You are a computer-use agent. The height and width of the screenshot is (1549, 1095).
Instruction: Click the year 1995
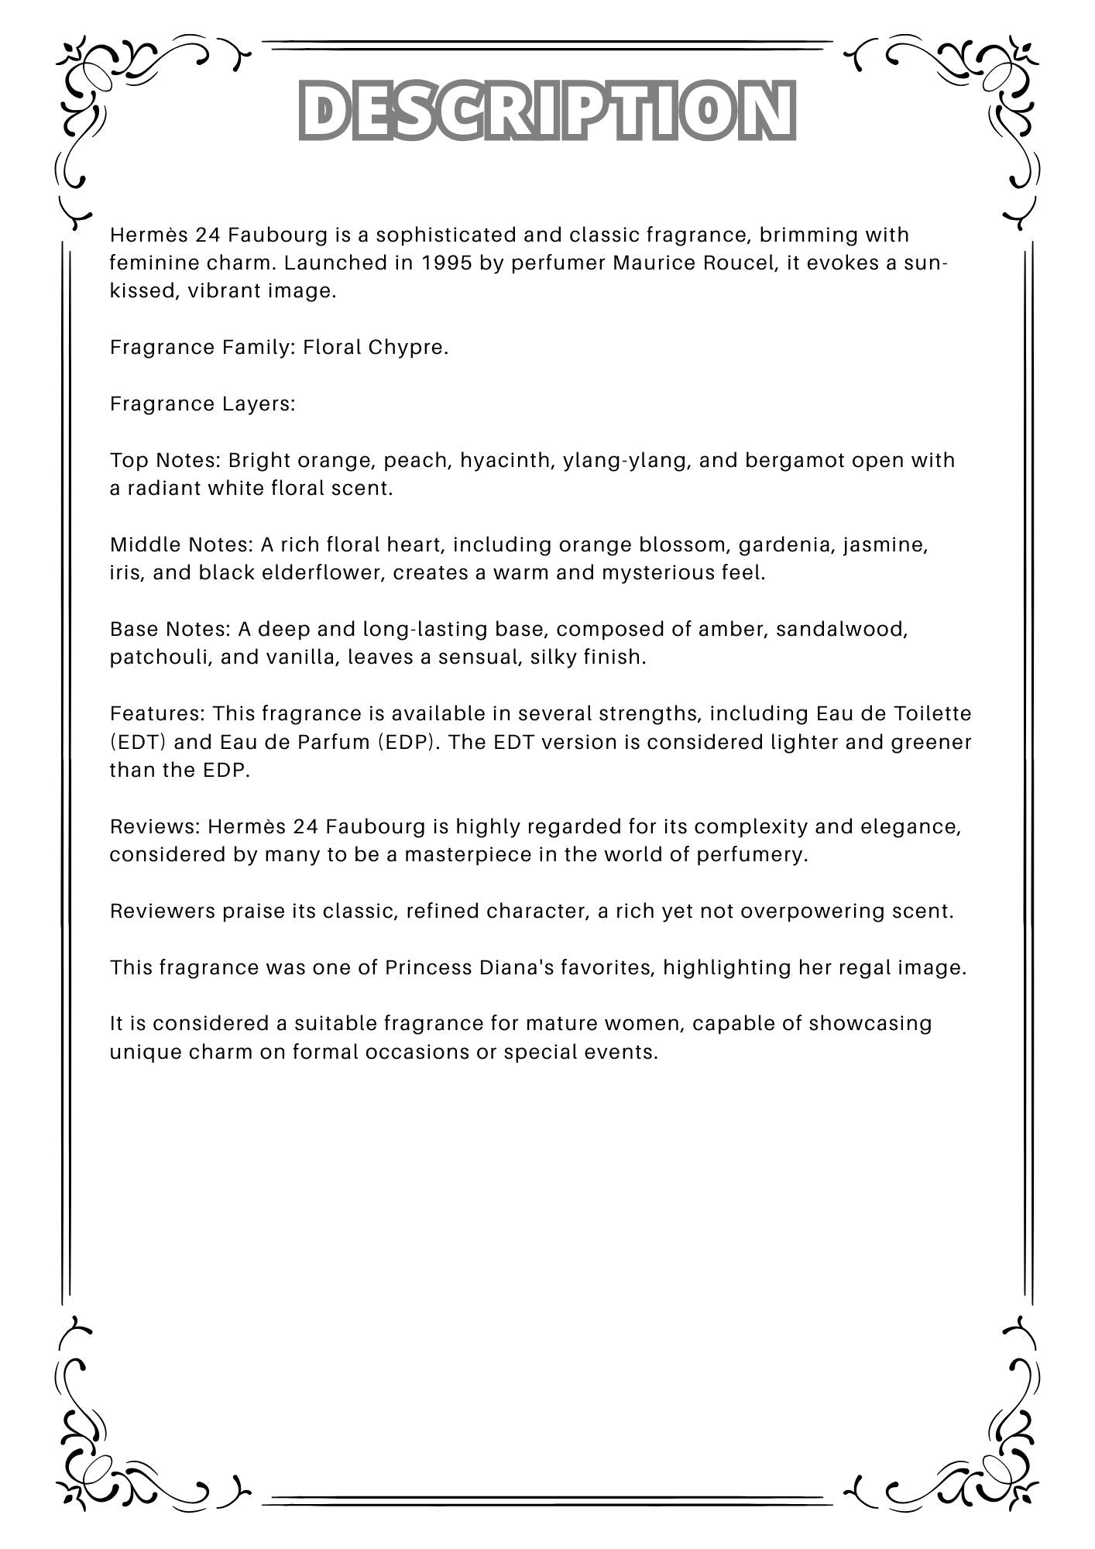pos(447,263)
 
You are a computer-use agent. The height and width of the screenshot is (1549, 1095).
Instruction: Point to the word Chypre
pos(408,347)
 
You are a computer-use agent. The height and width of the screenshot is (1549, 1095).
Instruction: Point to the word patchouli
pos(160,658)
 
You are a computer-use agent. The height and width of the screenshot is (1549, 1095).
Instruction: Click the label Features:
pos(158,713)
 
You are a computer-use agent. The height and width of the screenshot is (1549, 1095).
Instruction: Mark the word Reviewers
pos(163,912)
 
